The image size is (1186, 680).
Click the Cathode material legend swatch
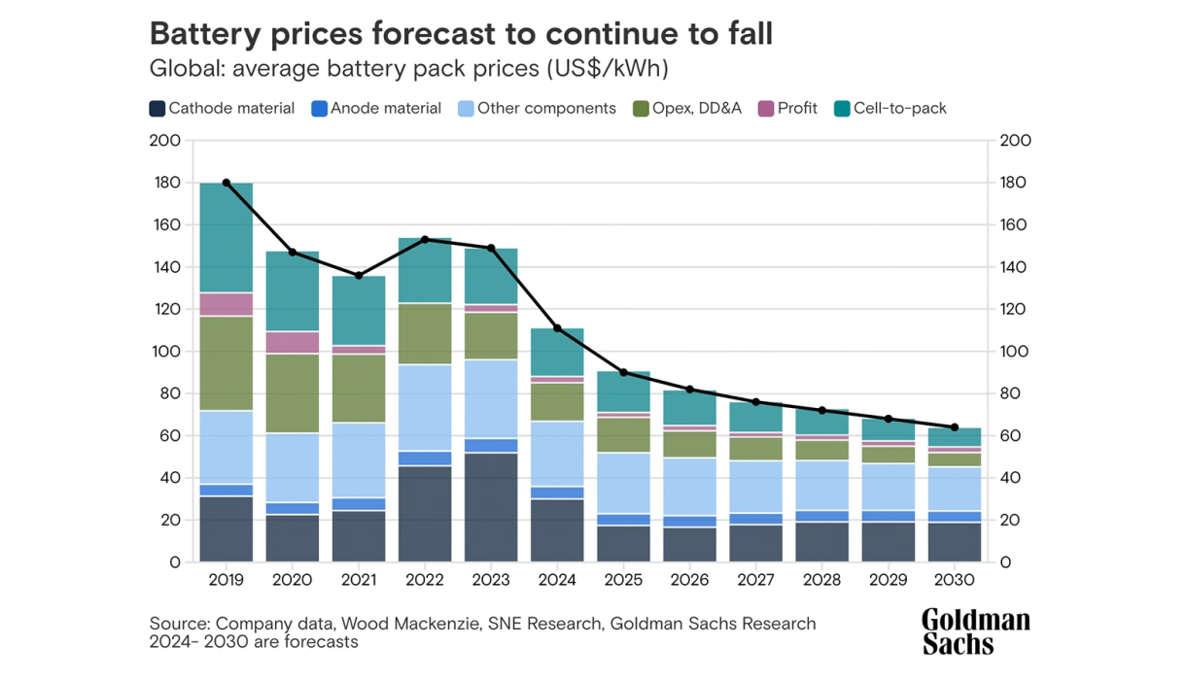tap(157, 109)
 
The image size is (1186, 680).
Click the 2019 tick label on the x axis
tap(226, 580)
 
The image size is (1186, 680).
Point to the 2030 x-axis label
tap(955, 580)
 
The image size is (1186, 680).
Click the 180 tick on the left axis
tap(166, 183)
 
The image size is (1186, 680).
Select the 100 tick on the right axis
tap(1016, 352)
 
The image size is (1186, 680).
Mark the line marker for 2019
tap(227, 183)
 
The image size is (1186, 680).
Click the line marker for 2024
tap(557, 328)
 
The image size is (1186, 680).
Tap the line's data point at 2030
tap(955, 427)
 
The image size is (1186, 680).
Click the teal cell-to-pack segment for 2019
tap(227, 237)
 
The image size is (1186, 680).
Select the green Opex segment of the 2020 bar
tap(293, 392)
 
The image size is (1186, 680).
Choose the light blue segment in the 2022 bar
tap(425, 408)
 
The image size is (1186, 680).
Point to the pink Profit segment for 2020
tap(293, 342)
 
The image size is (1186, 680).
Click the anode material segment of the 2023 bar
tap(491, 446)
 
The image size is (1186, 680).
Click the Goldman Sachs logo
tap(975, 631)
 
